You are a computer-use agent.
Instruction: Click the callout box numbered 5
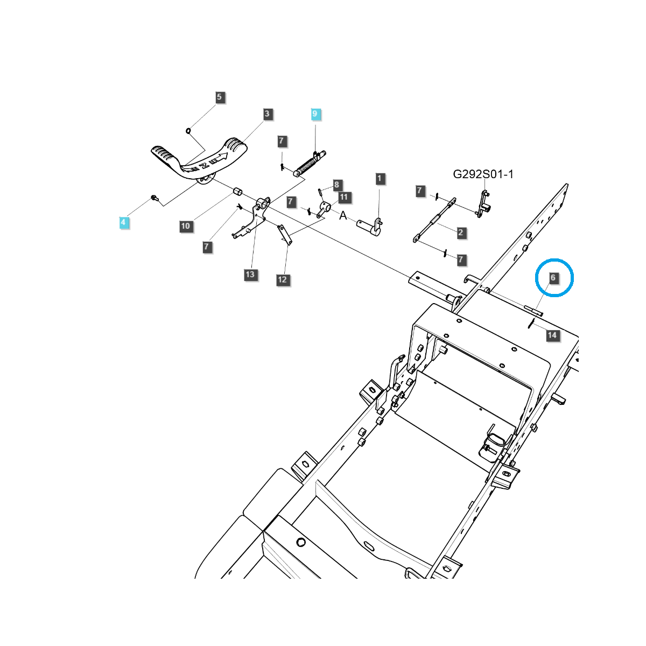[x=219, y=97]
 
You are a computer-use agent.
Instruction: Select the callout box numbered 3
[x=267, y=114]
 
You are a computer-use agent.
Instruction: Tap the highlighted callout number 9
[x=315, y=114]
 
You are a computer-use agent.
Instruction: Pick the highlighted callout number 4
[x=123, y=222]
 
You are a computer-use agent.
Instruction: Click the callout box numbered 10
[x=186, y=226]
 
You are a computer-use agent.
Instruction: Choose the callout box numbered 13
[x=250, y=275]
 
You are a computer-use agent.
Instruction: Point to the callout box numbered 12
[x=282, y=280]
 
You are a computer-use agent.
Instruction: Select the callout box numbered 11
[x=344, y=198]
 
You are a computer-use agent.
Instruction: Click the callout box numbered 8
[x=336, y=185]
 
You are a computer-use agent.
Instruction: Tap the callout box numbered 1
[x=380, y=179]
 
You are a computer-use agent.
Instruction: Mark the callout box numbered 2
[x=461, y=233]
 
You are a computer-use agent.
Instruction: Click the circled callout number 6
[x=553, y=278]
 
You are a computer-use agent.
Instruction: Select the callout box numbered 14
[x=552, y=335]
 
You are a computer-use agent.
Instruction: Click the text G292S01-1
[x=483, y=174]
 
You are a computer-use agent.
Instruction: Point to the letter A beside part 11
[x=343, y=215]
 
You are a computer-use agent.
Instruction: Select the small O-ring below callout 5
[x=188, y=130]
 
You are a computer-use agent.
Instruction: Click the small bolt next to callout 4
[x=155, y=198]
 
